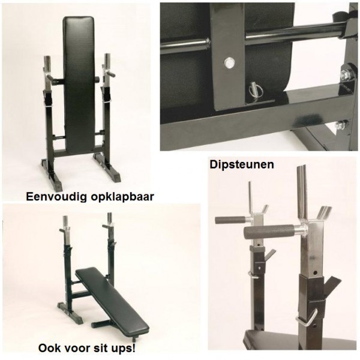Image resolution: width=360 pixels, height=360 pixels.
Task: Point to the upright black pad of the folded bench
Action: pos(80,78)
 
